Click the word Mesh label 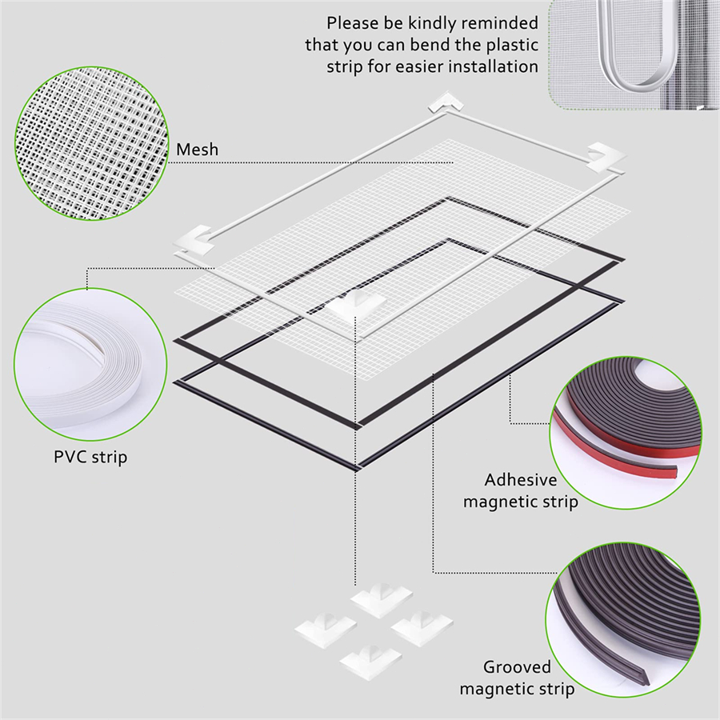198,150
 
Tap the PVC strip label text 90,458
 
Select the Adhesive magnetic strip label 520,490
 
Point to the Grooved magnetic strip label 517,678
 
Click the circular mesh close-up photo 92,143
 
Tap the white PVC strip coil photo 90,365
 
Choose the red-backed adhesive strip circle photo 626,433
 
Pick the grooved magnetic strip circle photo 623,619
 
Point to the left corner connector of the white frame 194,240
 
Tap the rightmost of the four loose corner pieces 422,628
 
